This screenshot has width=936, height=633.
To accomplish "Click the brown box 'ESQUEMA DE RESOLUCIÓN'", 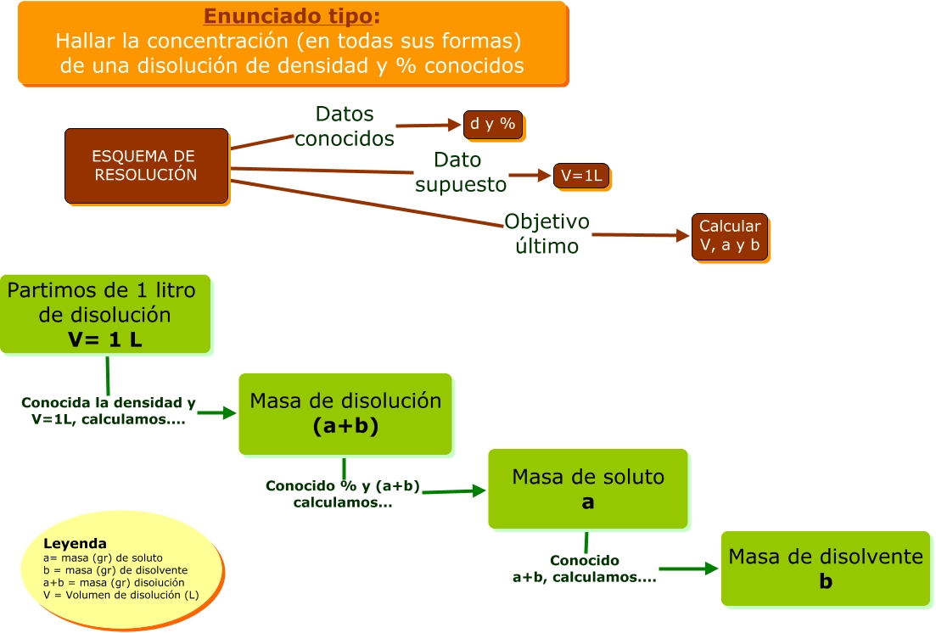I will pyautogui.click(x=146, y=165).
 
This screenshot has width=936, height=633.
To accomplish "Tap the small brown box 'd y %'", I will pyautogui.click(x=492, y=124).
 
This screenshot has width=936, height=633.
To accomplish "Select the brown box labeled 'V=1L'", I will pyautogui.click(x=580, y=176).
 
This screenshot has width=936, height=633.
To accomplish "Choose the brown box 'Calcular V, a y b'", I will pyautogui.click(x=730, y=236).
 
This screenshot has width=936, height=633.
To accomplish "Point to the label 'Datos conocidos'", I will pyautogui.click(x=345, y=126).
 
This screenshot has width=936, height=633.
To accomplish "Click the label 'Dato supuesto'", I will pyautogui.click(x=459, y=172).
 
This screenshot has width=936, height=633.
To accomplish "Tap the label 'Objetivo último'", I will pyautogui.click(x=546, y=234).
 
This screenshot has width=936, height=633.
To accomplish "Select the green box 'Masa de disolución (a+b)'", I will pyautogui.click(x=345, y=413).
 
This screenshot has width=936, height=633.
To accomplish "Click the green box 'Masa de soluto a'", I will pyautogui.click(x=587, y=489).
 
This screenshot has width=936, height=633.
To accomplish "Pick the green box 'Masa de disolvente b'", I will pyautogui.click(x=825, y=569).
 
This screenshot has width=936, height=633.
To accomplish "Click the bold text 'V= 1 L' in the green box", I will pyautogui.click(x=106, y=339).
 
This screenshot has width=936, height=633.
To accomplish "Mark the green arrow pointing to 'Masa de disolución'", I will pyautogui.click(x=216, y=413).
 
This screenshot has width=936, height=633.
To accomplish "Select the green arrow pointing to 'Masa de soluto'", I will pyautogui.click(x=455, y=490).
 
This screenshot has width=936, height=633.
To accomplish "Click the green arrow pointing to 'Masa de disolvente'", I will pyautogui.click(x=689, y=569).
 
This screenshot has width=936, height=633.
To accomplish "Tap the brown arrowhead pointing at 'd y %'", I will pyautogui.click(x=455, y=125).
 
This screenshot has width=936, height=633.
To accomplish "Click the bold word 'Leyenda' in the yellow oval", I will pyautogui.click(x=75, y=543).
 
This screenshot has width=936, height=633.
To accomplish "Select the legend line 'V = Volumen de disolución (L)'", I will pyautogui.click(x=121, y=595).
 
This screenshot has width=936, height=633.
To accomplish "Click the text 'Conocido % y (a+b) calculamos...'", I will pyautogui.click(x=343, y=494).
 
